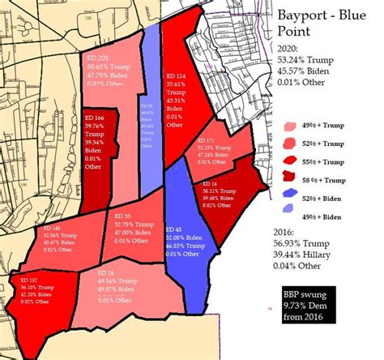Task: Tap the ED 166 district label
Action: coord(96,118)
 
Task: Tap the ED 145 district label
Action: coord(51,229)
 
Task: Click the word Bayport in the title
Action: coord(305,16)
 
